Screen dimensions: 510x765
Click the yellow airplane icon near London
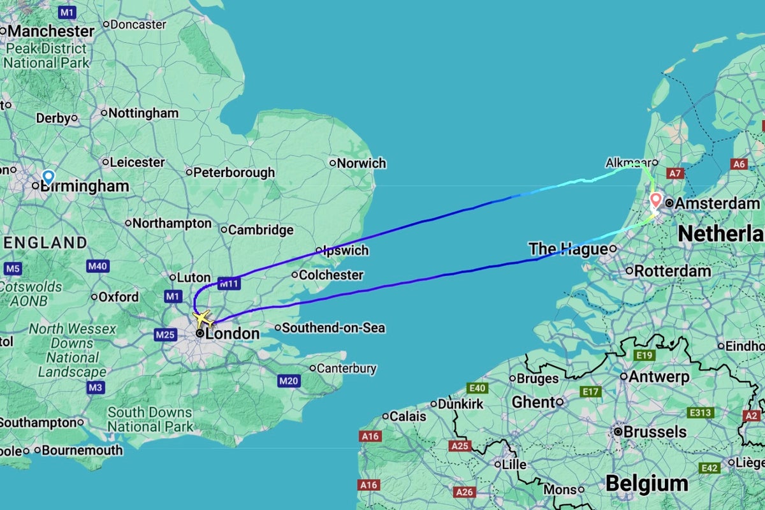click(x=203, y=317)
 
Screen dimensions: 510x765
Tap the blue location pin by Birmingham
click(x=48, y=177)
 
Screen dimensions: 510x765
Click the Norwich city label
click(x=361, y=163)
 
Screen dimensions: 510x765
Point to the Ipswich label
click(x=346, y=251)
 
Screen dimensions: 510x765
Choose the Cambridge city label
click(x=261, y=230)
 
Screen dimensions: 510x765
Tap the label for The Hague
click(x=568, y=249)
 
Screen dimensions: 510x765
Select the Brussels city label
click(x=655, y=432)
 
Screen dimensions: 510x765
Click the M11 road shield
click(x=228, y=282)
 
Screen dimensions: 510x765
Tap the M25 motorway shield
click(x=164, y=333)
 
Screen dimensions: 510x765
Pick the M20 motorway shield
click(x=288, y=381)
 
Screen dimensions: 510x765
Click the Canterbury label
click(x=347, y=368)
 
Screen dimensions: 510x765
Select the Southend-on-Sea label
click(x=333, y=328)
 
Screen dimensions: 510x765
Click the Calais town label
click(x=409, y=416)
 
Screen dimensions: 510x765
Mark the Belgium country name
click(x=646, y=483)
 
